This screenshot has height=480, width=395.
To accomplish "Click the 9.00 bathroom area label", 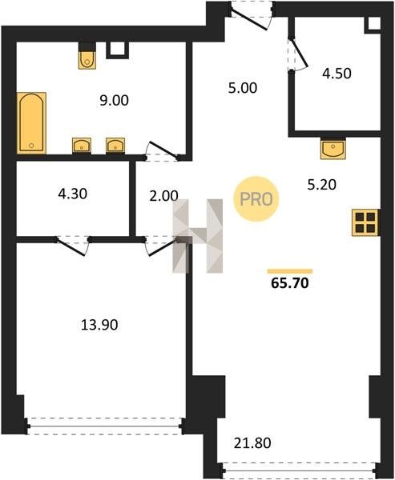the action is coord(114,101).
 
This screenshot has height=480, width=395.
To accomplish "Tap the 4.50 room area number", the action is coord(337,74).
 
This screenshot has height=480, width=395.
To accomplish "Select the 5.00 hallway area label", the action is coord(243,88).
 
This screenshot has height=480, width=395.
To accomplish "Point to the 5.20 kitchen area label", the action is coord(322,185).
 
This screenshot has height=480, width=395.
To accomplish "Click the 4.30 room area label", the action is coord(73,194).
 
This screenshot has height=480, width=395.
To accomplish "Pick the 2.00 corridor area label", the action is coord(163,196).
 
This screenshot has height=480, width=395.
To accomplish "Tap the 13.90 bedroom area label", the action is coord(99,325).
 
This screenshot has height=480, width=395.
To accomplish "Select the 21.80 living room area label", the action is coord(252,443).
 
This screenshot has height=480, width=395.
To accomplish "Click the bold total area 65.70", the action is coord(290,283).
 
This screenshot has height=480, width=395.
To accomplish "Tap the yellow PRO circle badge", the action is coord(256,199).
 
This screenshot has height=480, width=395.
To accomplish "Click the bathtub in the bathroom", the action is coord(31,122).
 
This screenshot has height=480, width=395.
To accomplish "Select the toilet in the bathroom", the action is coord(87,59).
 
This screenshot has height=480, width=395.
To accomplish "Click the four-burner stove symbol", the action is coord(365,222).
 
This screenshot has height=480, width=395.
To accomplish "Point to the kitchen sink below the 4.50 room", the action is coord(333,149).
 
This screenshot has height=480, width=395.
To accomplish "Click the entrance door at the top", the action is coord(251,16).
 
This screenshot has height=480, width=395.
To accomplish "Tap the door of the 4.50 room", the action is coord(297,54).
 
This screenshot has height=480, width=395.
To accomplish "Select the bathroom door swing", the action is coord(163,151).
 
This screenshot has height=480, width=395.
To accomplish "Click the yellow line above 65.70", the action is coord(290,271).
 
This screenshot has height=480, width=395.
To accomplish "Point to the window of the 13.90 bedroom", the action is coord(105,426).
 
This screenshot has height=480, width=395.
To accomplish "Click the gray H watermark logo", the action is coord(198,236).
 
